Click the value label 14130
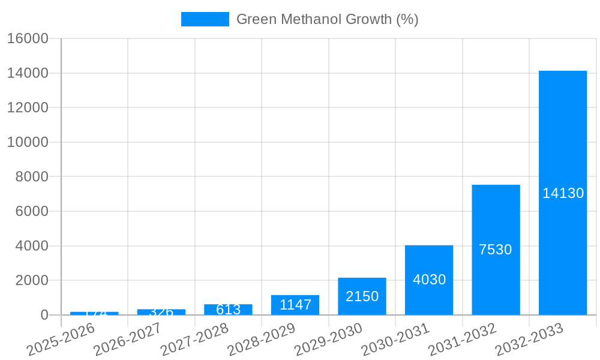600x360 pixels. coord(563,193)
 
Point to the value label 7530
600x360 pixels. coord(496,250)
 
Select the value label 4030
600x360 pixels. coord(429,280)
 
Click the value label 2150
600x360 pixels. coord(362,296)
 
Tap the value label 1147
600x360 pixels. coord(295,305)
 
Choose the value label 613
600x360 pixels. coord(228,310)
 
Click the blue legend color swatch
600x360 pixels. coord(205,19)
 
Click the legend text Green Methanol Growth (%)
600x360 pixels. coord(327,19)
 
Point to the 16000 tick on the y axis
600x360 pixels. coord(28,38)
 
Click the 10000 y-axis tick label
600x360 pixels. coord(28,142)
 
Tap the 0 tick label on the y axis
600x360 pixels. coord(44,315)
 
